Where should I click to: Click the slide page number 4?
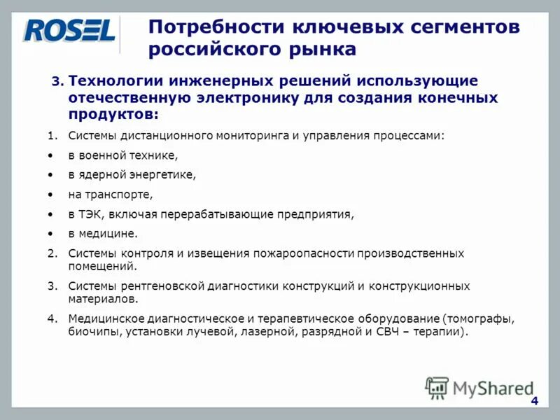(x=534, y=400)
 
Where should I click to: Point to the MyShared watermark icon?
(x=437, y=387)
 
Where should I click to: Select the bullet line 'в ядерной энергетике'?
(x=132, y=175)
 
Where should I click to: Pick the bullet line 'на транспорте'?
(x=110, y=195)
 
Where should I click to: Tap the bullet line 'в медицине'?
(x=103, y=234)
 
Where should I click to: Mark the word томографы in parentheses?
(x=479, y=319)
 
